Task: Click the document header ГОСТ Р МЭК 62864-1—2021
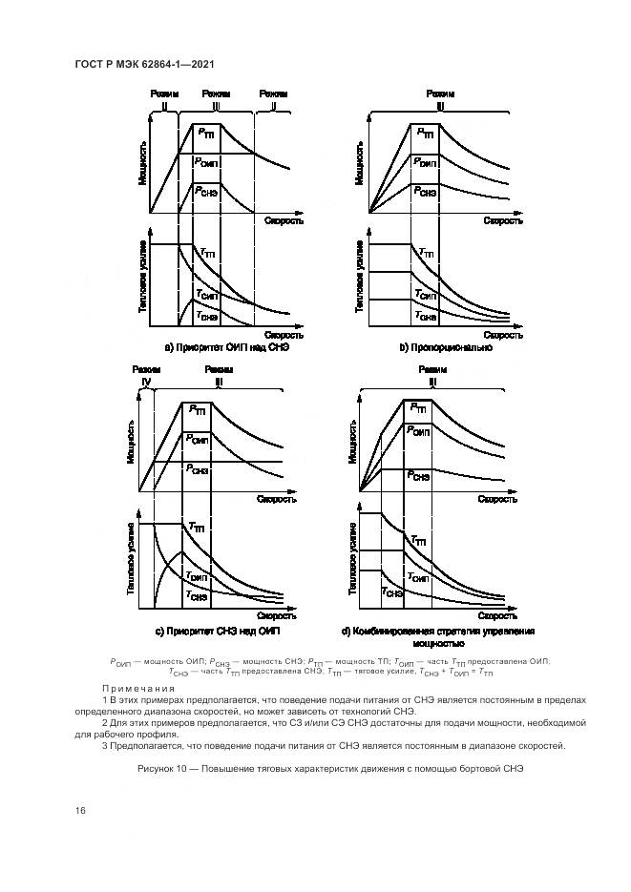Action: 143,64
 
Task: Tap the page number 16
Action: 81,810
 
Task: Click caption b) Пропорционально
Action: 445,348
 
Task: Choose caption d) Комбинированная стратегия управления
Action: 438,632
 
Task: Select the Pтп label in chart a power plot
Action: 207,135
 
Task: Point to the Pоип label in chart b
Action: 426,163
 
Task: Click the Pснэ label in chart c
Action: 199,468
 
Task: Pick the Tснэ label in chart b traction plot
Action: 426,314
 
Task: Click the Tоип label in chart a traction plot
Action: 206,295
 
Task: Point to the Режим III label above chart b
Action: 440,100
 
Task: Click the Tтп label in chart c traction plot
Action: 198,527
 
